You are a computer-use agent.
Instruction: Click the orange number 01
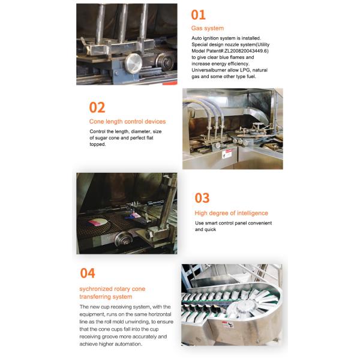pos(198,14)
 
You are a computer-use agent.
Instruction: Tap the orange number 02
pos(97,107)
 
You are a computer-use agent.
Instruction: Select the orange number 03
pos(202,199)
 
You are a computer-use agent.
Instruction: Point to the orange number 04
pos(88,273)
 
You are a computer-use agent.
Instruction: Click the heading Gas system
pos(207,28)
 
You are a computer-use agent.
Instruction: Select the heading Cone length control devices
pos(127,122)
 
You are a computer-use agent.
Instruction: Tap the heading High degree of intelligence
pos(231,213)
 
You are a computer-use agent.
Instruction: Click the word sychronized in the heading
pos(97,289)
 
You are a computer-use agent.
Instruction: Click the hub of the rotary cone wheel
pos(245,308)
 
